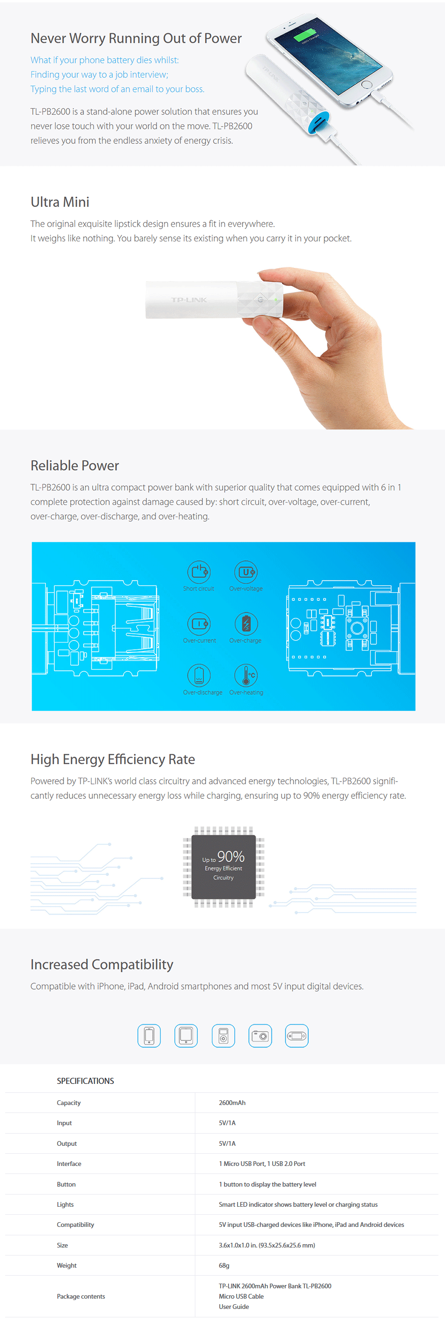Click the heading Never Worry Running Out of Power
click(x=136, y=38)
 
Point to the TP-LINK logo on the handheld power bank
click(x=189, y=300)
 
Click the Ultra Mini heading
click(x=60, y=202)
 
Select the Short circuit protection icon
click(x=199, y=571)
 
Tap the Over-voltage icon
click(x=246, y=571)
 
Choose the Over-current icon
click(x=199, y=623)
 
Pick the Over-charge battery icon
click(x=246, y=623)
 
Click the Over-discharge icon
click(x=199, y=675)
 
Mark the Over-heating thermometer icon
click(x=246, y=675)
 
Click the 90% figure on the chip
click(x=230, y=856)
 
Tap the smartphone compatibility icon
click(x=149, y=1036)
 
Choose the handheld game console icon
click(x=297, y=1036)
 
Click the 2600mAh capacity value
click(x=232, y=1103)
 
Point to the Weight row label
click(x=67, y=1265)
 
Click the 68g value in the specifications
click(x=224, y=1265)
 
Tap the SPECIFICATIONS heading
click(x=85, y=1081)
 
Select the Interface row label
click(x=69, y=1163)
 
